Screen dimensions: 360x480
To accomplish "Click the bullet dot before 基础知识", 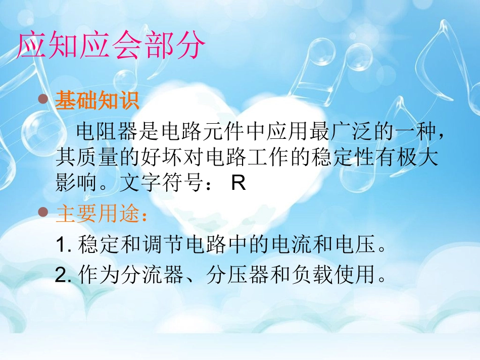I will tap(44, 99).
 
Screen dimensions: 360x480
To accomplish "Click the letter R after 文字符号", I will tap(238, 183).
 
